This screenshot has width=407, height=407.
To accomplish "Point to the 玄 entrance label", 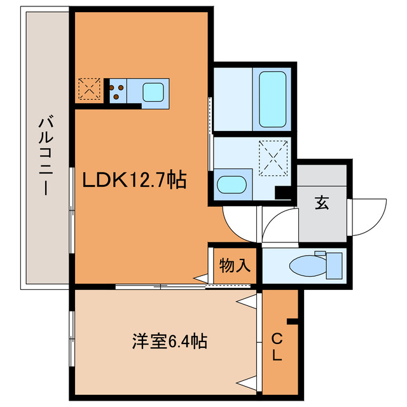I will [x=322, y=203].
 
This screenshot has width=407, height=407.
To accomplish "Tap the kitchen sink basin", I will [x=155, y=93].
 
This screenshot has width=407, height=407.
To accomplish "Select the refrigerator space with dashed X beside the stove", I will [x=88, y=90].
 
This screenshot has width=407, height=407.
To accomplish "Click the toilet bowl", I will [x=304, y=265].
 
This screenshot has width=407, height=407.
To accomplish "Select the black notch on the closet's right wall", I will [x=292, y=321].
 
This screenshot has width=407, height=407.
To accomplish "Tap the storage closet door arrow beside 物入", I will [x=201, y=277].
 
